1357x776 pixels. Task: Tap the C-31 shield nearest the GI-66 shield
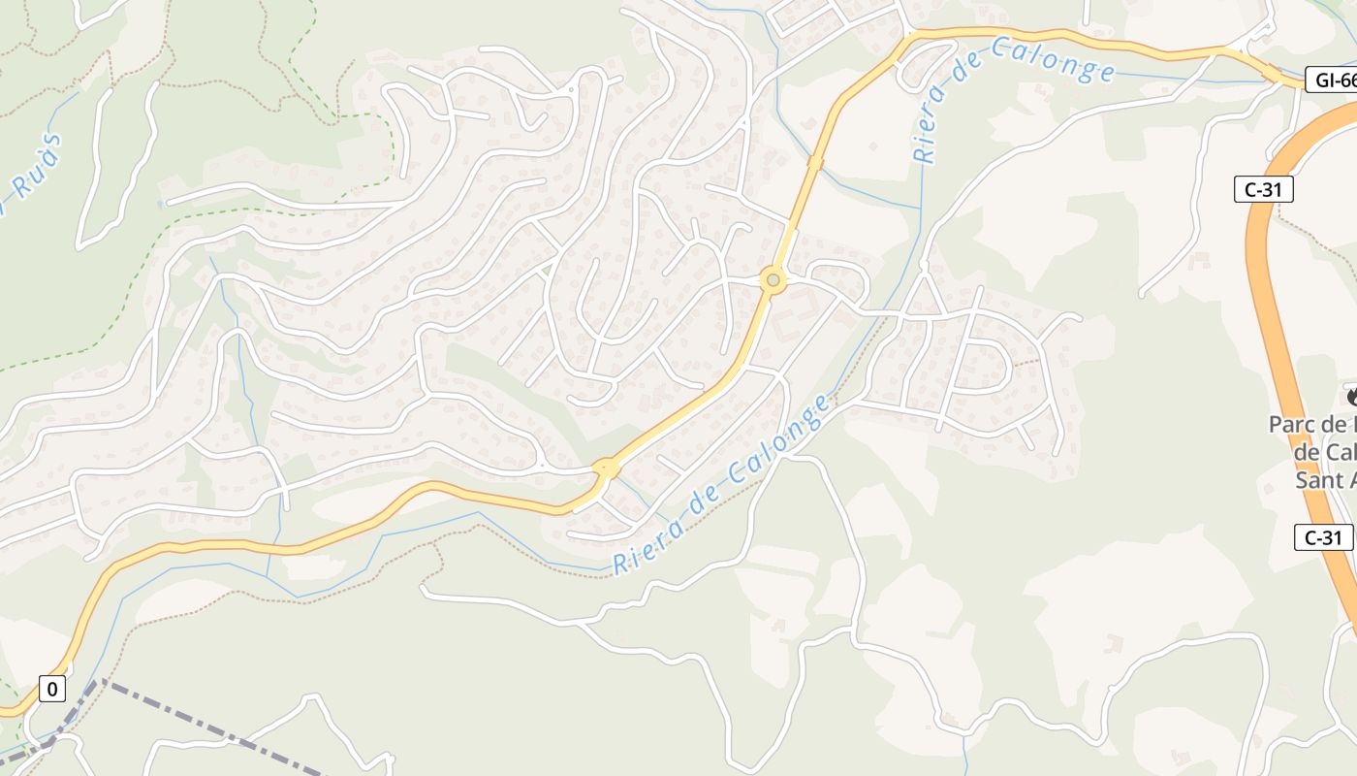coord(1264,189)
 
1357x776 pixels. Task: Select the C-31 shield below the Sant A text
coord(1322,537)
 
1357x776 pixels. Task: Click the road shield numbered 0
coord(52,690)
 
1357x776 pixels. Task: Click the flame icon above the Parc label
coord(1351,396)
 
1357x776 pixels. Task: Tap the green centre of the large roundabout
coord(773,281)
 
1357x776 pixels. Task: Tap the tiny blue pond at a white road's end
coord(159,205)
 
